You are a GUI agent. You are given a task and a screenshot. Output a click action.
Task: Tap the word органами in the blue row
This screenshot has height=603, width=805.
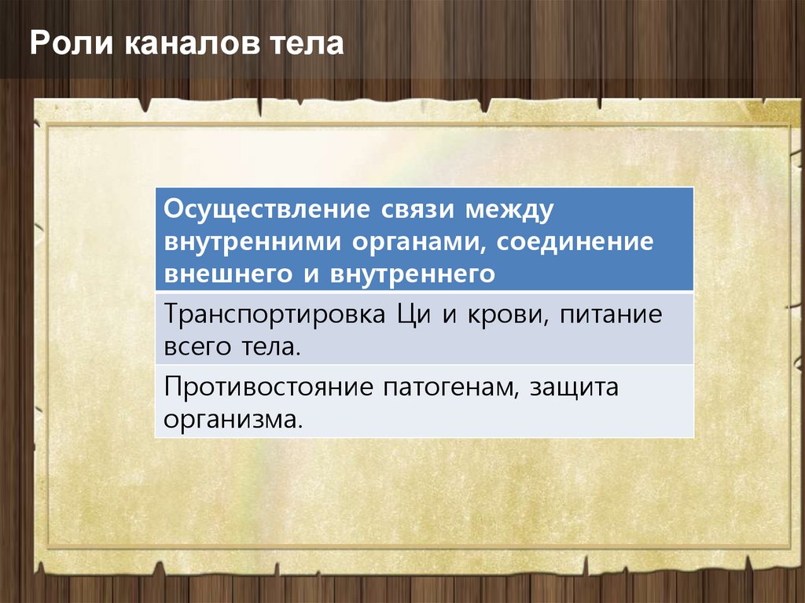pyautogui.click(x=419, y=242)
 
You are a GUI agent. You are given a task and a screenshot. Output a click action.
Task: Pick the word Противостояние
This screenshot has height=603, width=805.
pyautogui.click(x=269, y=388)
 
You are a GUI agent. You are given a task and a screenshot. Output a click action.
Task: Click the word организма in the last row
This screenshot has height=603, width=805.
pyautogui.click(x=233, y=420)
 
